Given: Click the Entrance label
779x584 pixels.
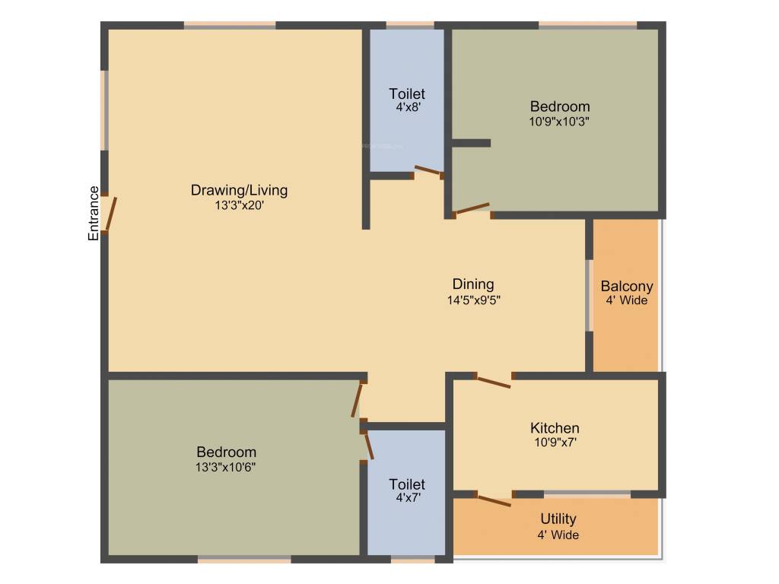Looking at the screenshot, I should (94, 214).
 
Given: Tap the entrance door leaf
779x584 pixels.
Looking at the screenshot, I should (111, 214).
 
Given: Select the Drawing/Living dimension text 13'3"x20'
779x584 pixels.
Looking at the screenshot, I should (240, 205).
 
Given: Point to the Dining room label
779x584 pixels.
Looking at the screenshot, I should (473, 284).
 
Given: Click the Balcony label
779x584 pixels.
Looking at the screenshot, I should (627, 287).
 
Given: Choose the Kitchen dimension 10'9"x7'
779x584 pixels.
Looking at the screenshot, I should (555, 442).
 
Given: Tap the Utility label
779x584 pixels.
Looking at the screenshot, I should (558, 519).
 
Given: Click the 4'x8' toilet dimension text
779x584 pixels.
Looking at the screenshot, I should (408, 107).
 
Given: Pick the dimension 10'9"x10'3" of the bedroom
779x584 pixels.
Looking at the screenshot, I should (560, 120).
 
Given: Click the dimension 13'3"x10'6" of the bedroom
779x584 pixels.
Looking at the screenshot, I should (225, 467).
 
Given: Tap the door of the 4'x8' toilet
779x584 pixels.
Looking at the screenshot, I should (428, 171).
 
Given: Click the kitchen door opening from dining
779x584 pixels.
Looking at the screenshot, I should (493, 381).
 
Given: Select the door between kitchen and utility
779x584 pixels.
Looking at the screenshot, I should (493, 500).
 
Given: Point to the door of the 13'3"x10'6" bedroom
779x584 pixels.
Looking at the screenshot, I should (356, 400).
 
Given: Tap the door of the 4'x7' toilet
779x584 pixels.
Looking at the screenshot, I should (369, 446).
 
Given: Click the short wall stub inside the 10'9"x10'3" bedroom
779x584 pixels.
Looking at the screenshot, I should (471, 142).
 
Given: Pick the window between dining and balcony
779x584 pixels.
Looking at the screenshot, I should (589, 295).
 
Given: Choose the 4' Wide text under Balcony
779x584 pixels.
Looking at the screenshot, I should (627, 300).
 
